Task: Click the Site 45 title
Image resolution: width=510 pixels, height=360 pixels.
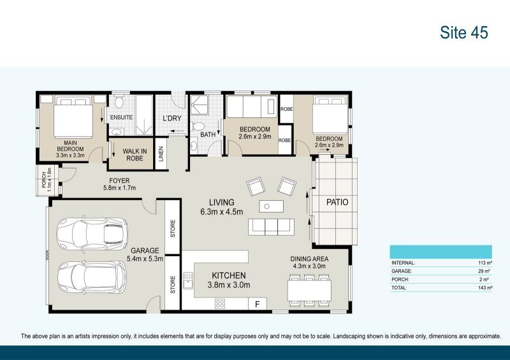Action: pyautogui.click(x=463, y=33)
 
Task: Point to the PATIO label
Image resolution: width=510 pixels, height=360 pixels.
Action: pyautogui.click(x=338, y=203)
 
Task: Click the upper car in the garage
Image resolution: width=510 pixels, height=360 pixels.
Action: pyautogui.click(x=92, y=234)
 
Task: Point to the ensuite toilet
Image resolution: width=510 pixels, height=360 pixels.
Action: pyautogui.click(x=119, y=103)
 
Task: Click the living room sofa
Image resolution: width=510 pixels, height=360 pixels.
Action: pyautogui.click(x=272, y=226)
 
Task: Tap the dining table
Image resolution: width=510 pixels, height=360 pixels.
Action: pyautogui.click(x=309, y=290)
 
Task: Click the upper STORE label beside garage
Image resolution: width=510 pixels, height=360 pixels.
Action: pyautogui.click(x=173, y=227)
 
